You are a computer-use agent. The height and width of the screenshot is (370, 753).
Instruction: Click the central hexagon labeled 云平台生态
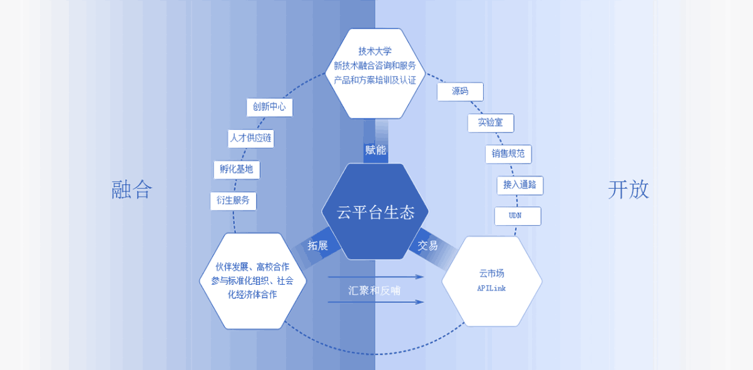[376, 212]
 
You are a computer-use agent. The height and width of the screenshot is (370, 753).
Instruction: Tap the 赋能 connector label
[376, 150]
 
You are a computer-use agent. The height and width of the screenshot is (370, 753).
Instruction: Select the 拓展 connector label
[318, 245]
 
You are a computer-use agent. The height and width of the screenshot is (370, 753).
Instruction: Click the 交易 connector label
[428, 245]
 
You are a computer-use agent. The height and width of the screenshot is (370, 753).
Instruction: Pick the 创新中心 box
[269, 107]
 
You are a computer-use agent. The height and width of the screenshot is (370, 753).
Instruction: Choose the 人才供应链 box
[250, 138]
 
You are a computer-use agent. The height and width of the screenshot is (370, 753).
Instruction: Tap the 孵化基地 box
[237, 170]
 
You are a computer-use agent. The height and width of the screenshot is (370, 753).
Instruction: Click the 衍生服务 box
[233, 201]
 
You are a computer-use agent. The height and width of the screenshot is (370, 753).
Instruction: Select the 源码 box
[460, 91]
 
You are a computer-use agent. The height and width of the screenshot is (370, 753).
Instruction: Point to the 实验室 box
[491, 123]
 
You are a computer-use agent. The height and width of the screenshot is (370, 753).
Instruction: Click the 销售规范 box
[508, 154]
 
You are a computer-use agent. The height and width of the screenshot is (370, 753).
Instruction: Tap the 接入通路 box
[520, 185]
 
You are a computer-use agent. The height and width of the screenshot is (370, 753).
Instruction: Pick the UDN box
[517, 216]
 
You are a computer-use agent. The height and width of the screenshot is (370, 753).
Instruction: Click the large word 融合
[132, 189]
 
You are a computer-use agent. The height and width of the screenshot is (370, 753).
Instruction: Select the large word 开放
[628, 189]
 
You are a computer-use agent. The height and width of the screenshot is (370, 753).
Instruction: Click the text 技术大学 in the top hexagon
[375, 51]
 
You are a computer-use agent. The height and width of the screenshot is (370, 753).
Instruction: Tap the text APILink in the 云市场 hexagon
[491, 289]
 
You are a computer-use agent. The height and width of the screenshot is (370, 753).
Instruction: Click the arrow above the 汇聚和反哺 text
[376, 276]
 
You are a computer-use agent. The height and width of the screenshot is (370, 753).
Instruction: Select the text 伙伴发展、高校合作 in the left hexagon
[252, 267]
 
